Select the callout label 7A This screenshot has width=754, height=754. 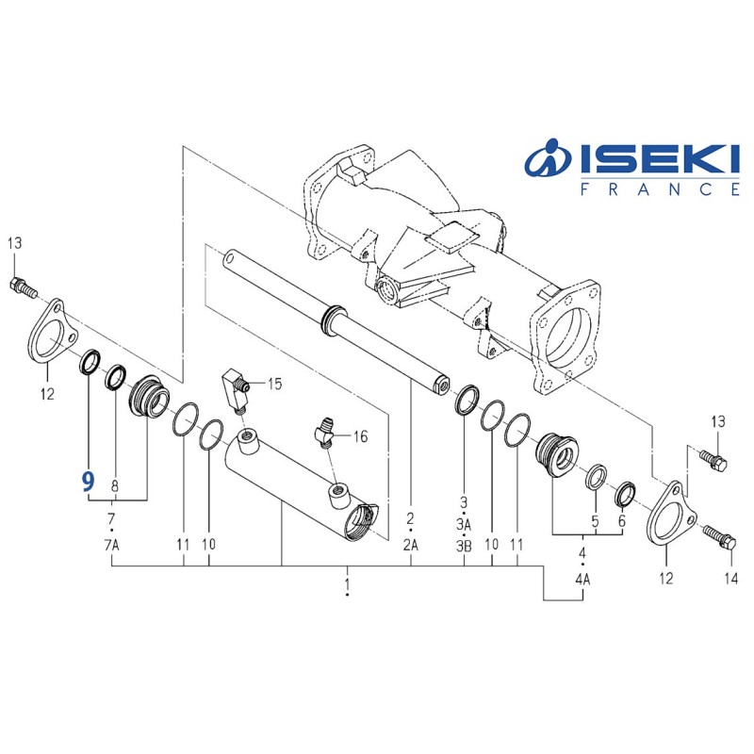tap(112, 546)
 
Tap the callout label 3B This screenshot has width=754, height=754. tap(464, 546)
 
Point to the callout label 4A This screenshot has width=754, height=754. tap(582, 580)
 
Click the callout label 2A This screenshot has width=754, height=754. tap(411, 546)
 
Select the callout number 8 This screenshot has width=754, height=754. tap(115, 486)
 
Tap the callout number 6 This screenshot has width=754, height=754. tap(621, 521)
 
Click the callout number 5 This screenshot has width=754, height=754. tap(595, 521)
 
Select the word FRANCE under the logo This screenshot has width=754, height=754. tap(660, 189)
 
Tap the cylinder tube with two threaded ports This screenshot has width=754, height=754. tap(292, 486)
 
